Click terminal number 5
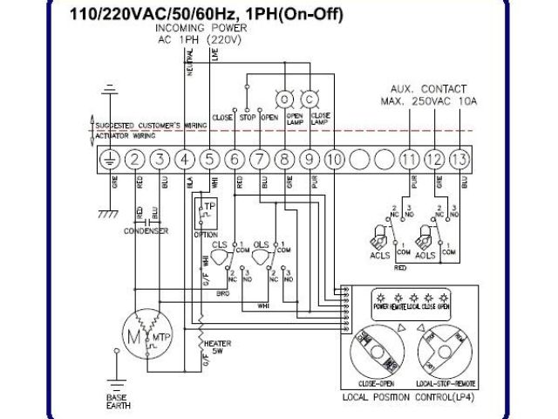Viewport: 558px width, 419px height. pyautogui.click(x=210, y=159)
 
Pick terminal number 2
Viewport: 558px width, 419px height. pyautogui.click(x=135, y=159)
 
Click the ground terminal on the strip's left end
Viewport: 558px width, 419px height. pyautogui.click(x=110, y=159)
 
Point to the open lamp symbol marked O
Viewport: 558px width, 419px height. pyautogui.click(x=285, y=99)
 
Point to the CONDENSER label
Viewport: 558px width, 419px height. pyautogui.click(x=146, y=231)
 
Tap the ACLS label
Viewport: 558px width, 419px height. pyautogui.click(x=378, y=256)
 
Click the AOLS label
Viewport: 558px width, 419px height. pyautogui.click(x=425, y=256)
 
